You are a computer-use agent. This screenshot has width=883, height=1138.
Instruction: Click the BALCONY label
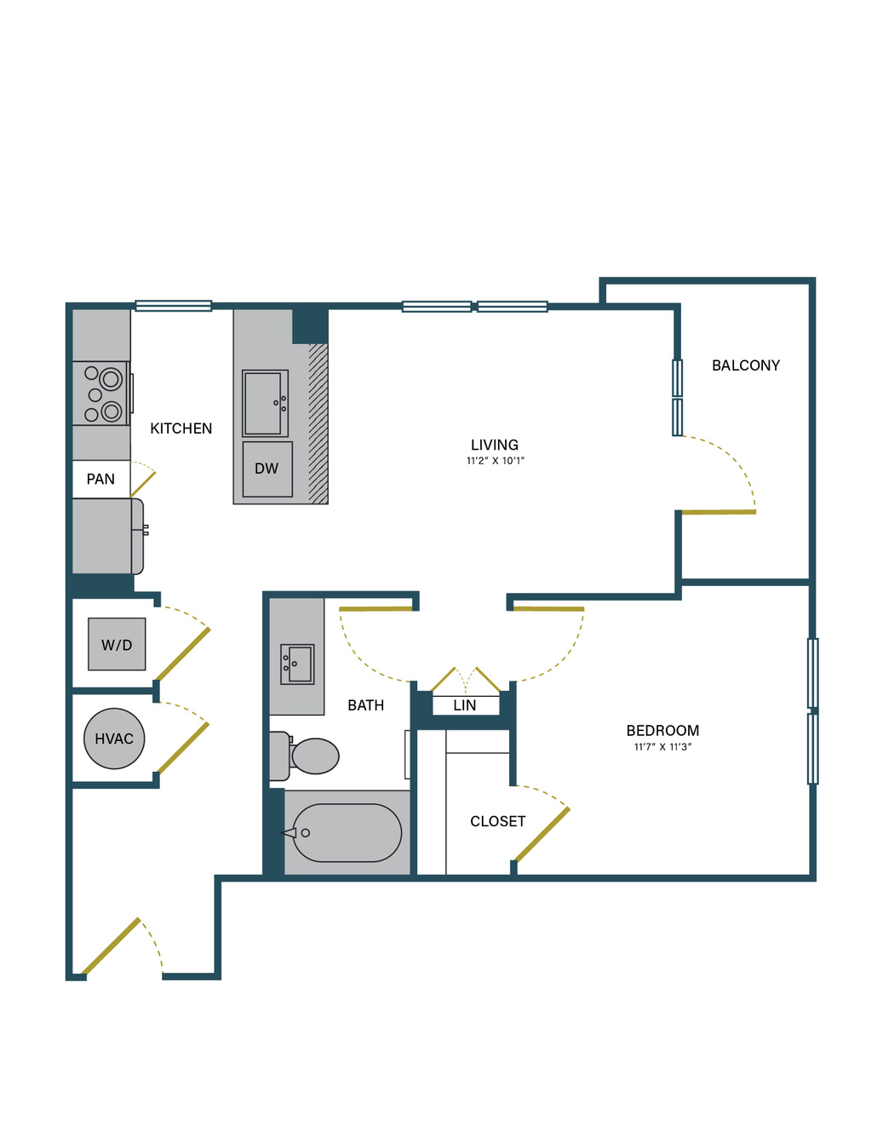(745, 365)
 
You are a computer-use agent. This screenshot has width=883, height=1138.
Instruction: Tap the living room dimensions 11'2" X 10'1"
(496, 461)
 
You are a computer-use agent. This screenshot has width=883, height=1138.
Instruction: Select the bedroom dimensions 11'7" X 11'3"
(662, 747)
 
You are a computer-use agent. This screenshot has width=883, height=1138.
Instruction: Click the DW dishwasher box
(267, 468)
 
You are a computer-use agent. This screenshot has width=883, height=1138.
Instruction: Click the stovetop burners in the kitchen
(101, 393)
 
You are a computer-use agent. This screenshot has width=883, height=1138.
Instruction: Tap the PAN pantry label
(100, 479)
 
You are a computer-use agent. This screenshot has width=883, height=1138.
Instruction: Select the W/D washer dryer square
(117, 644)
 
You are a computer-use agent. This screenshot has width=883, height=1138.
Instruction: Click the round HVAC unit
(114, 739)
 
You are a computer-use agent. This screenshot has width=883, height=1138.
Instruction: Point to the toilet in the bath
(304, 756)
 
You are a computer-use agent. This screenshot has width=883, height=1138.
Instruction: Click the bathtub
(347, 833)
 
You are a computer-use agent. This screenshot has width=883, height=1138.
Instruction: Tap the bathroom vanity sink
(297, 664)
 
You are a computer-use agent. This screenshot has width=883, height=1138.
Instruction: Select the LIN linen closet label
(465, 705)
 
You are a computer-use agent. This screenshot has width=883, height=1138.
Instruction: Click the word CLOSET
(498, 821)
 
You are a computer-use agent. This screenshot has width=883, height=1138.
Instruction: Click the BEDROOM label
(662, 730)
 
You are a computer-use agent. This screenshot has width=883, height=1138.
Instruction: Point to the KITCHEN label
(181, 428)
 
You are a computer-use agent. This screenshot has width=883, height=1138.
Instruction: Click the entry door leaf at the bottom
(111, 945)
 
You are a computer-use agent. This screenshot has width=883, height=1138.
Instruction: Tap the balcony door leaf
(719, 512)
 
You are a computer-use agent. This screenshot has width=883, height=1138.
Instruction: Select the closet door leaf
(542, 835)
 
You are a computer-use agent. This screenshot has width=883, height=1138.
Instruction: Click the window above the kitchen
(173, 305)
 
